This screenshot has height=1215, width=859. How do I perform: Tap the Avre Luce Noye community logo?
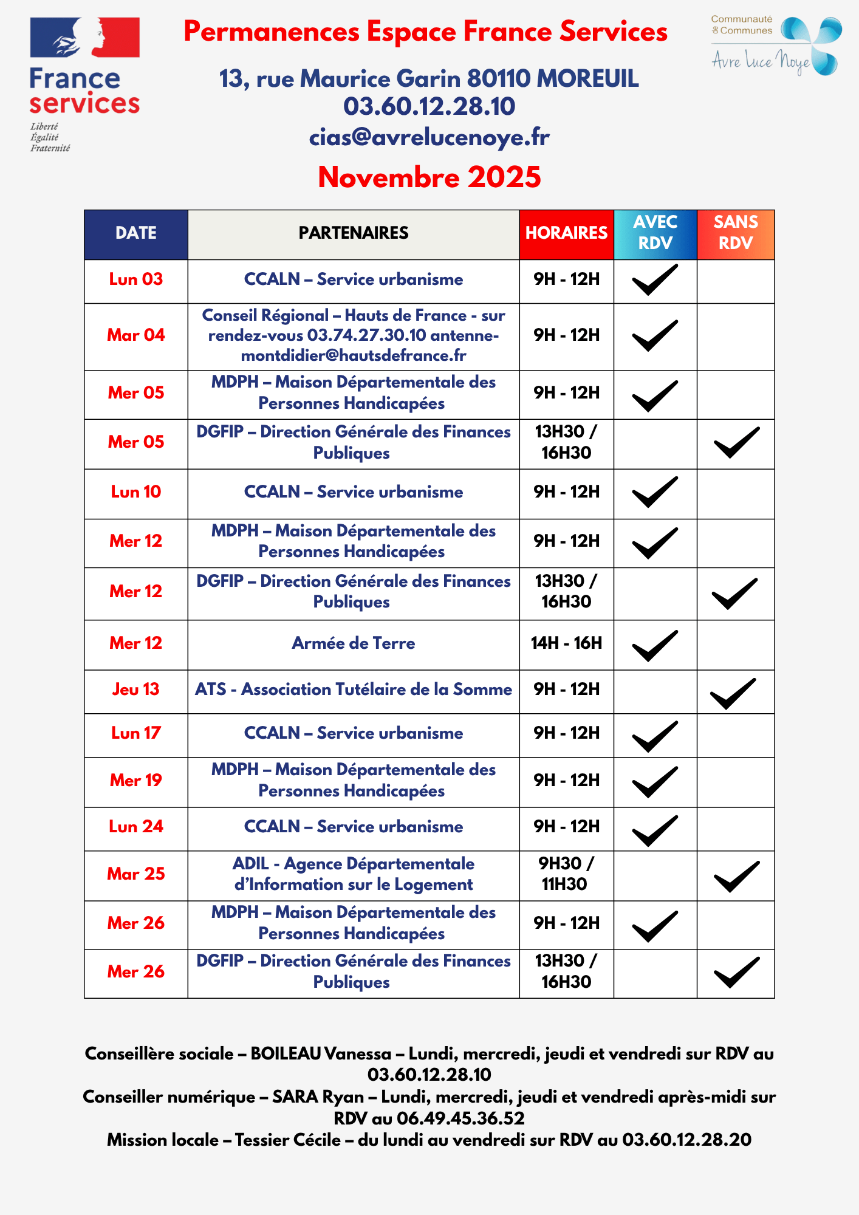[x=776, y=46]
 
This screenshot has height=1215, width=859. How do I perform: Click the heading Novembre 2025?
[x=430, y=177]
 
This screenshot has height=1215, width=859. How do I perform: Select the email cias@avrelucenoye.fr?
[x=430, y=137]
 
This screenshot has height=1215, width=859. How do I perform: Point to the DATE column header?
[x=136, y=233]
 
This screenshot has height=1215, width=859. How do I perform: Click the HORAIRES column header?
[x=566, y=233]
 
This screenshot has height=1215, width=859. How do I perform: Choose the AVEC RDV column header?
[x=655, y=233]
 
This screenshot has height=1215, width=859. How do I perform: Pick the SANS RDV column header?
[x=736, y=233]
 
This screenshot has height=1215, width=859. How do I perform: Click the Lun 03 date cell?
[x=136, y=279]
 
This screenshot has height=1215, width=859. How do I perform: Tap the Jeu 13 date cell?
[x=136, y=690]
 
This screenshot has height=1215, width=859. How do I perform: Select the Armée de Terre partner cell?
[x=354, y=643]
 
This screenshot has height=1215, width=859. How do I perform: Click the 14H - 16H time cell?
[x=566, y=643]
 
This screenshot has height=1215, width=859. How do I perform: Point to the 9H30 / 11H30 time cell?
[x=566, y=874]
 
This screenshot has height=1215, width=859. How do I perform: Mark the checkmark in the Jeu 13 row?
[x=733, y=693]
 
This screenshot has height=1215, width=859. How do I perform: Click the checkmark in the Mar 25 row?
[x=736, y=877]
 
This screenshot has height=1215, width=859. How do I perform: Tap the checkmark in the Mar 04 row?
[x=655, y=335]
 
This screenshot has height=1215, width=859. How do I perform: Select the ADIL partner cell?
[x=354, y=874]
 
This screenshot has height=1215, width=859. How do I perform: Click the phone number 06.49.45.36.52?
[x=460, y=1118]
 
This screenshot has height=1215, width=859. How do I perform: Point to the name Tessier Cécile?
[x=288, y=1140]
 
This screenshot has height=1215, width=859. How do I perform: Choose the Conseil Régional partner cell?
[x=354, y=335]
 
